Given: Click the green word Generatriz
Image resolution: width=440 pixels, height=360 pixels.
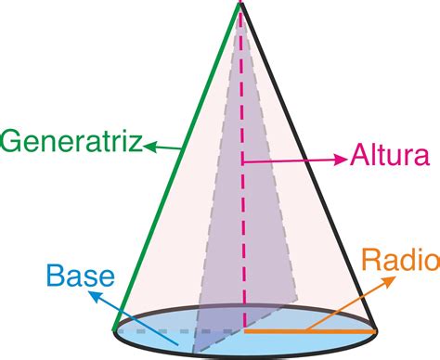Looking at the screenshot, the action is (71, 142).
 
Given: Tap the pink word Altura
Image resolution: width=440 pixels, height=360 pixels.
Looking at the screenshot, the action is (389, 154).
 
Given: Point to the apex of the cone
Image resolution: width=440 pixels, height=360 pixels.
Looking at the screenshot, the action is (239, 5).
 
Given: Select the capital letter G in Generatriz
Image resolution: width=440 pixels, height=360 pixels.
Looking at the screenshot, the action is (13, 142).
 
